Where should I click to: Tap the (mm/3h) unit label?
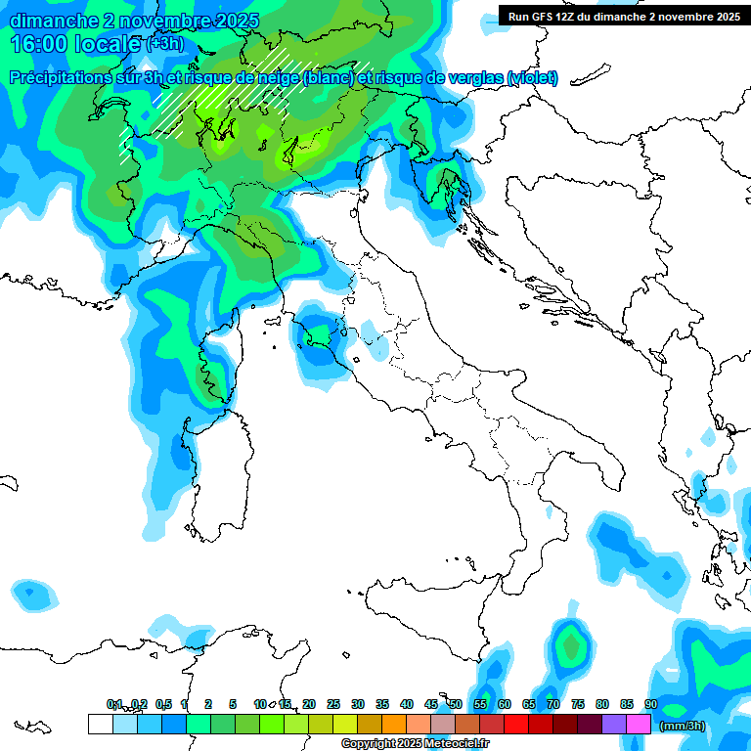coord(683,725)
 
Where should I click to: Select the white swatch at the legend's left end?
coord(100,724)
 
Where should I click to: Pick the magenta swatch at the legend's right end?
coord(639,724)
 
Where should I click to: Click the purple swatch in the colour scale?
coord(614,724)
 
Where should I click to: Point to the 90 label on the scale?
coord(651,704)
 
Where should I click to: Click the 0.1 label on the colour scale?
coord(114,704)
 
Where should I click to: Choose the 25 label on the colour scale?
coord(333,704)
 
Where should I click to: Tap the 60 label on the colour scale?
coord(505,704)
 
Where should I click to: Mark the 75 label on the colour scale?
coord(578,704)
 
